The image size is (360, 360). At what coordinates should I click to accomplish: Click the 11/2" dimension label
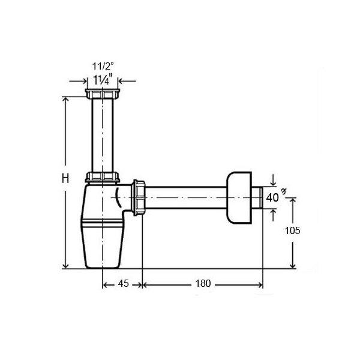103,67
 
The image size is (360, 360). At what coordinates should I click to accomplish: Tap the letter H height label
65,178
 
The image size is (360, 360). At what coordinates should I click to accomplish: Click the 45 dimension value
123,284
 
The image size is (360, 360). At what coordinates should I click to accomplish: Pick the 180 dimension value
203,284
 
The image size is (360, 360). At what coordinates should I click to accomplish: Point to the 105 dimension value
293,230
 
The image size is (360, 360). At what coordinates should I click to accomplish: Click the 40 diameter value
272,197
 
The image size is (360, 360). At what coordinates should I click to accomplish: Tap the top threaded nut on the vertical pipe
103,94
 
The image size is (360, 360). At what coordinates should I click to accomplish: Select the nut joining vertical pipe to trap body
103,177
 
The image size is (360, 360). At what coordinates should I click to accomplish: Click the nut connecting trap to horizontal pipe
139,197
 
